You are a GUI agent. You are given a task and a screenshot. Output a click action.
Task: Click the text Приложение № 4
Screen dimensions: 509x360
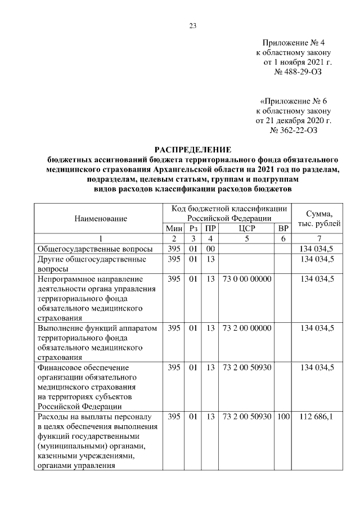tap(294, 42)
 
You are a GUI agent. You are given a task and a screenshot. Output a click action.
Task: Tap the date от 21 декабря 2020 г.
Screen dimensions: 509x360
tap(294, 121)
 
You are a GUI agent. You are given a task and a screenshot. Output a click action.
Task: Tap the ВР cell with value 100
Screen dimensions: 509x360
tap(283, 417)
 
